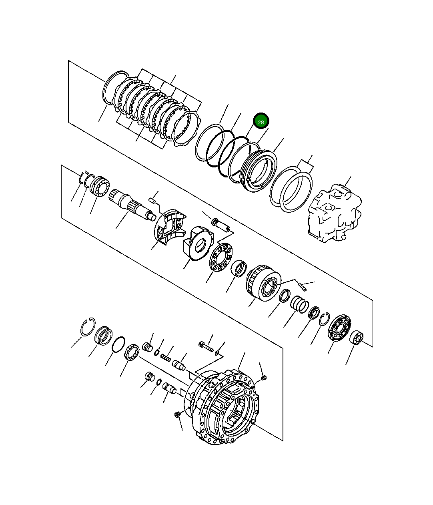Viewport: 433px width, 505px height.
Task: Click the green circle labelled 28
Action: pos(261,121)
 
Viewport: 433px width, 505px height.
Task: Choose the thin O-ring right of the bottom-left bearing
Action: pos(118,344)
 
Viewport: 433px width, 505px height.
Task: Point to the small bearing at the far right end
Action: pos(356,338)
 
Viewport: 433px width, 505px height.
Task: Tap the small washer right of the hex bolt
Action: pos(217,352)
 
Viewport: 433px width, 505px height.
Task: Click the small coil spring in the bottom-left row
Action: pos(166,357)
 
